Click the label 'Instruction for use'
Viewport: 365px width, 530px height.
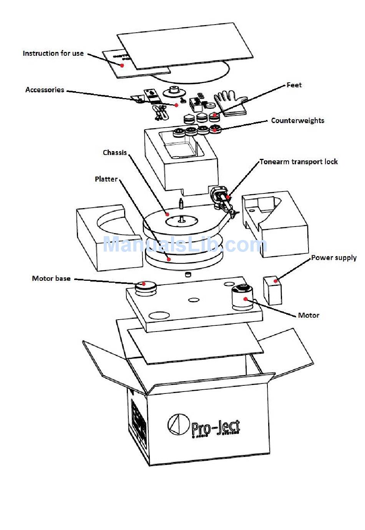point(53,53)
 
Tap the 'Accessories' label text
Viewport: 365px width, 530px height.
point(45,90)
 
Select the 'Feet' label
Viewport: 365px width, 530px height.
point(294,85)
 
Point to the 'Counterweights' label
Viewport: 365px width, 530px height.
point(297,120)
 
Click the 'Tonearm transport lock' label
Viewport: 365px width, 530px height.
point(299,162)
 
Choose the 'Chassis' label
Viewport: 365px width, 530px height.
point(114,152)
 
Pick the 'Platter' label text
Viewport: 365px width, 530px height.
point(106,179)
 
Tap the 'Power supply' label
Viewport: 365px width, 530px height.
point(333,258)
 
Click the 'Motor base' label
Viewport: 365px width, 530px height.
point(51,278)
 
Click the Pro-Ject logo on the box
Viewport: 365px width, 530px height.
point(204,426)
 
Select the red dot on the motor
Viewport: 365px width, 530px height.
point(246,299)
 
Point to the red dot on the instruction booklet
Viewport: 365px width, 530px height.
point(122,65)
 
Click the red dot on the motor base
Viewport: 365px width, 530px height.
point(144,284)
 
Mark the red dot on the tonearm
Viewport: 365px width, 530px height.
point(227,197)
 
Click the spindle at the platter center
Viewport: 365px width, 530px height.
point(181,218)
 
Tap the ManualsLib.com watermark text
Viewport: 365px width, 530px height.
point(184,245)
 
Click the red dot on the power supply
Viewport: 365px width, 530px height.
point(275,281)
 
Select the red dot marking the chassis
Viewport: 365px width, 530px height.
point(167,214)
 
